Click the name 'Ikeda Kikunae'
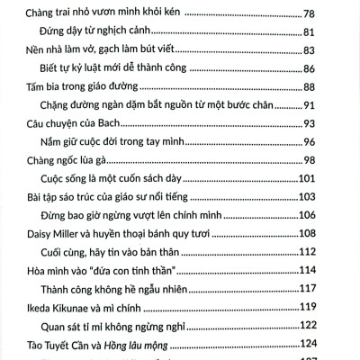tap(58, 309)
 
